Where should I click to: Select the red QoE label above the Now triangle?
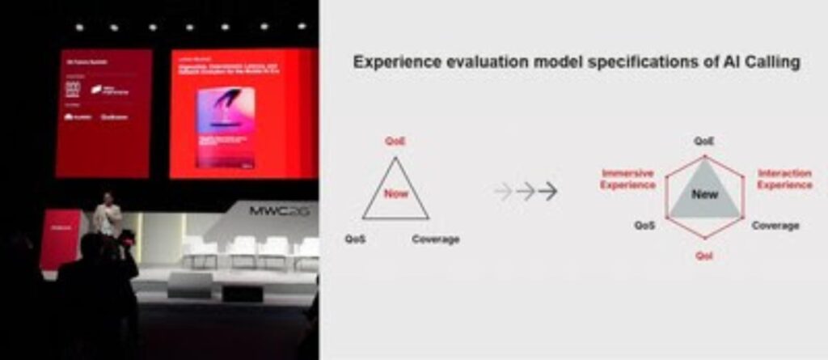coord(395,141)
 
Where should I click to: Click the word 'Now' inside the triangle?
coord(395,194)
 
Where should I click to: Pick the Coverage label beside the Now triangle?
coord(435,239)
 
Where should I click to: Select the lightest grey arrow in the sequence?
coord(502,191)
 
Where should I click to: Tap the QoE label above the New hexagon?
coord(703,140)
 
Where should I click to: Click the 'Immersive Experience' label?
coord(627,179)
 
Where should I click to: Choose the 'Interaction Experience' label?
coord(784,179)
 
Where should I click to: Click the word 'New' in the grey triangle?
coord(704,194)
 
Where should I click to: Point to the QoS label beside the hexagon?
coord(644,226)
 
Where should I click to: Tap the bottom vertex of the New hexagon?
coord(704,238)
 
